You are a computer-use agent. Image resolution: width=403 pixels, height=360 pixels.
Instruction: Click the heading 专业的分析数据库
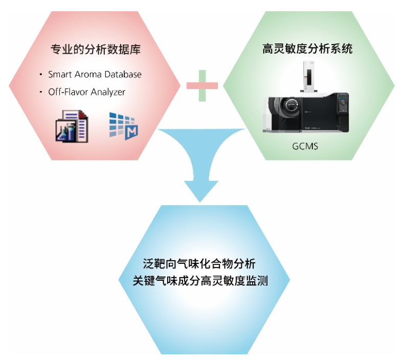tap(96, 49)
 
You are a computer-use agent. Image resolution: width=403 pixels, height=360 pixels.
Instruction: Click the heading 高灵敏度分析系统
tap(307, 49)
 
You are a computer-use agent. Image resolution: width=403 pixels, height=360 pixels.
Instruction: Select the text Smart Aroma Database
tap(95, 75)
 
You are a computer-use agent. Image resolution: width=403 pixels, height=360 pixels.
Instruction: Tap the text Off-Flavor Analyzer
tap(87, 92)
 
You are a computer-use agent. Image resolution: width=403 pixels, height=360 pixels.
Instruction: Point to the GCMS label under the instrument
tap(305, 146)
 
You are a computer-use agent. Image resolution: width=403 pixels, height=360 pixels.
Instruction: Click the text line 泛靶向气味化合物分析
tap(199, 264)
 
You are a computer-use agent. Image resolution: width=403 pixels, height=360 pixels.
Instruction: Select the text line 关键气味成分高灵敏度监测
tap(200, 281)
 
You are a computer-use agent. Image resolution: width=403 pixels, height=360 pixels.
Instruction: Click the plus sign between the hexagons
tap(203, 85)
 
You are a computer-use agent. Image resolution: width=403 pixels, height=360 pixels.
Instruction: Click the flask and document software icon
tap(72, 126)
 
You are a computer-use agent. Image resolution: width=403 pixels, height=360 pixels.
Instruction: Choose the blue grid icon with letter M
tap(124, 126)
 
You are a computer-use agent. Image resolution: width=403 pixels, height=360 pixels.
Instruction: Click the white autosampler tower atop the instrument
tap(309, 76)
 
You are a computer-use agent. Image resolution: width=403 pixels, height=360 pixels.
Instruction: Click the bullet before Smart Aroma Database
tap(41, 75)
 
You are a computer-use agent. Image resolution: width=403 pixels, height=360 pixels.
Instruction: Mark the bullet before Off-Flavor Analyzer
tap(41, 92)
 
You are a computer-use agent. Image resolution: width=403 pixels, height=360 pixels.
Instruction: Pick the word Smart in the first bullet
tap(60, 75)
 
